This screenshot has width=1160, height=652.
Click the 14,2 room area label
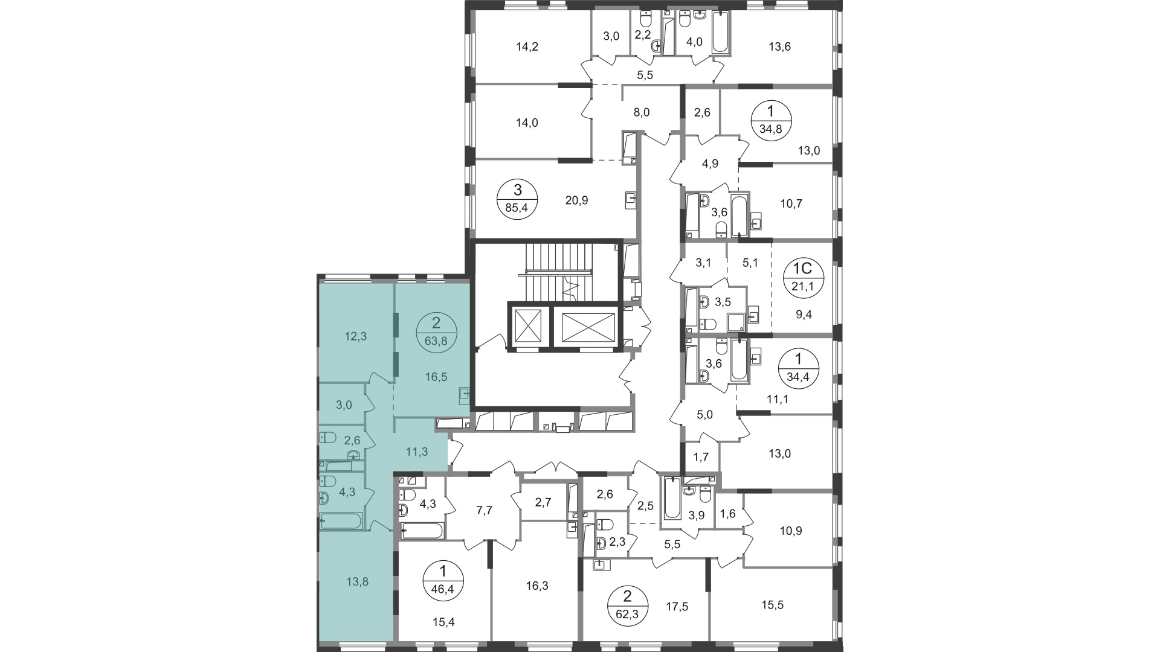[x=527, y=46]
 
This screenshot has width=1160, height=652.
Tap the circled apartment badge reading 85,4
[x=517, y=200]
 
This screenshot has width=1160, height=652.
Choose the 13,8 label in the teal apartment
[x=358, y=582]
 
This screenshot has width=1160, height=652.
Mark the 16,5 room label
[x=436, y=377]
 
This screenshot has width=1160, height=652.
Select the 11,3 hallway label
[x=416, y=451]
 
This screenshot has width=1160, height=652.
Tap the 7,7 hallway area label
[x=485, y=511]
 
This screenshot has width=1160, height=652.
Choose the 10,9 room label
[x=791, y=531]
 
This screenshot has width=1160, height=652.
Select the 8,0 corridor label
[x=642, y=112]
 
